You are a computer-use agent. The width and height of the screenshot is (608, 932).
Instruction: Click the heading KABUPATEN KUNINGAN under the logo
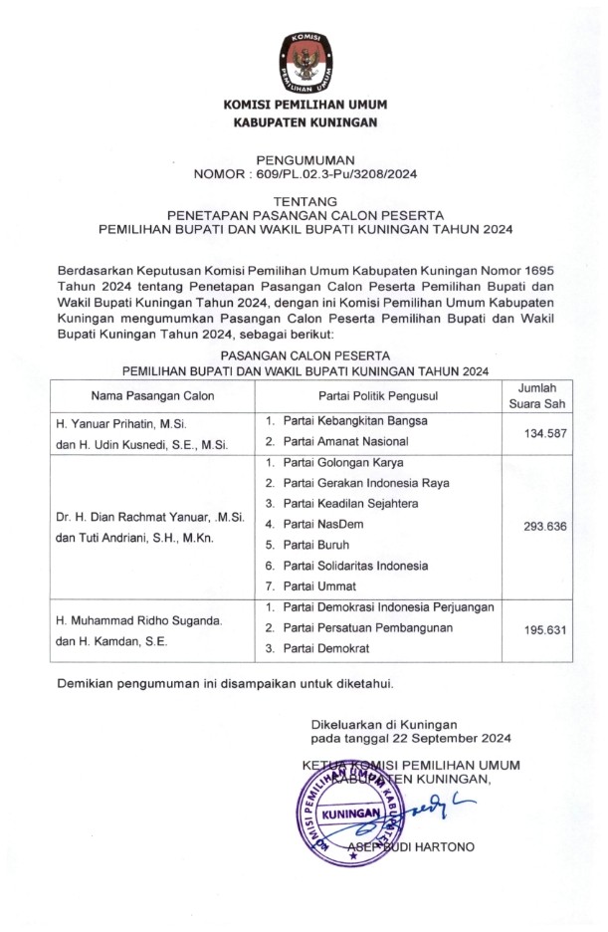pos(304,122)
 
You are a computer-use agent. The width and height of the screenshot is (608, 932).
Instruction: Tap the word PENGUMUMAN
pos(304,159)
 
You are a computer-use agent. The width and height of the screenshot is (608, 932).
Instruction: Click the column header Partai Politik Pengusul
pos(378,395)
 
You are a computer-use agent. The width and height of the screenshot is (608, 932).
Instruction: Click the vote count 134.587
pos(544,431)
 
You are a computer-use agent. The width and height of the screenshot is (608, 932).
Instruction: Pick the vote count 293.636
pos(544,526)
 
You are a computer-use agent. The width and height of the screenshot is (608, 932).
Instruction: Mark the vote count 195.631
pos(544,628)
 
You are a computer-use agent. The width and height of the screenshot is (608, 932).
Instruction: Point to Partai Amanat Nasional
pos(345,441)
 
